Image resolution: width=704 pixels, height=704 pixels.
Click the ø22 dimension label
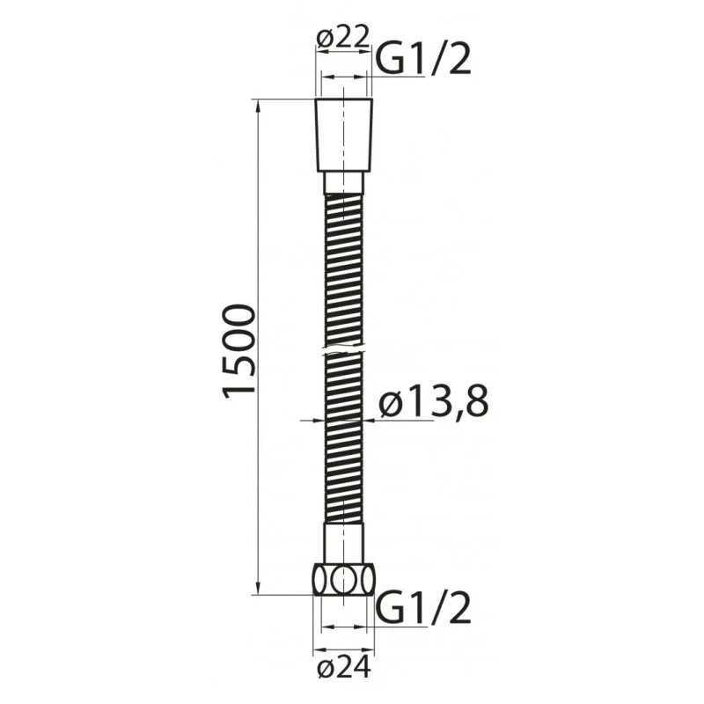point(342,38)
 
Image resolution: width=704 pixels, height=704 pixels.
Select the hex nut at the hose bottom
point(343,582)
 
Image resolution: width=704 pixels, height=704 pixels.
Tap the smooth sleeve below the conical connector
point(343,183)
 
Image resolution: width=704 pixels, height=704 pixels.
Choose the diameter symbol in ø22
point(323,38)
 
